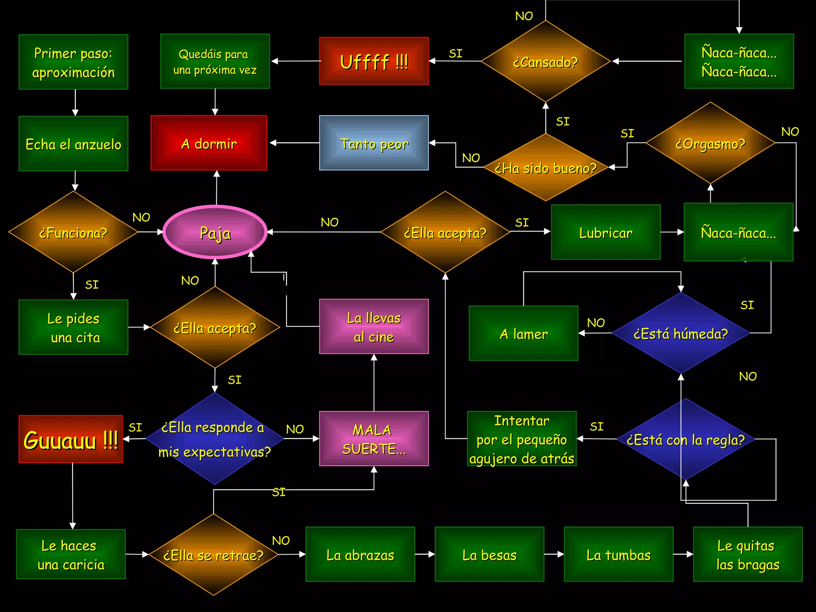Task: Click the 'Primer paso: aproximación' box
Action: (73, 62)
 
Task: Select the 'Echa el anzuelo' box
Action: (73, 144)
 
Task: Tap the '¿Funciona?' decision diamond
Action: (73, 232)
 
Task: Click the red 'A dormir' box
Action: (209, 143)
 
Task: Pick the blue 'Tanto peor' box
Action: (374, 143)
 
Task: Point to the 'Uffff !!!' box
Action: (374, 61)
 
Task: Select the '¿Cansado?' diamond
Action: (545, 62)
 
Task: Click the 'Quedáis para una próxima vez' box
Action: (215, 61)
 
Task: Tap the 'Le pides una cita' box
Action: (73, 327)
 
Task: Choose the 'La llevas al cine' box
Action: (374, 327)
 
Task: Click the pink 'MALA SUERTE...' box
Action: (374, 439)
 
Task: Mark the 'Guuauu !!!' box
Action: (71, 439)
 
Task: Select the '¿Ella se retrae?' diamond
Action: (214, 555)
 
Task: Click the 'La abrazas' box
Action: (360, 554)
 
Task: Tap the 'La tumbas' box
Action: (618, 554)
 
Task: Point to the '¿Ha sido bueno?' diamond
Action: (545, 168)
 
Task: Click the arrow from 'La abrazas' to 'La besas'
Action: (425, 554)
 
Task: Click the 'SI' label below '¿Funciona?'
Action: (92, 284)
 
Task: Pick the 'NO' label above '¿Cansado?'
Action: (524, 16)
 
